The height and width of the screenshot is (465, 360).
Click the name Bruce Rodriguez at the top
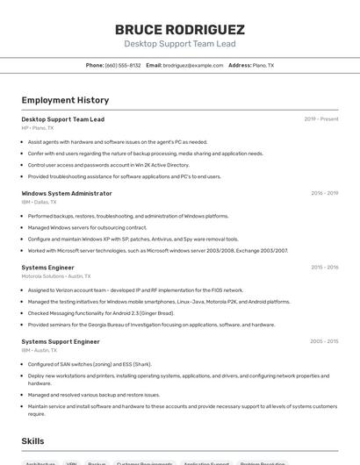tap(179, 29)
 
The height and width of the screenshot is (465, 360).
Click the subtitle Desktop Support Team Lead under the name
tap(179, 44)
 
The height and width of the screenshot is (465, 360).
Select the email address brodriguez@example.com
tap(193, 65)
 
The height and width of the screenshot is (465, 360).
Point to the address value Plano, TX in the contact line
tap(263, 65)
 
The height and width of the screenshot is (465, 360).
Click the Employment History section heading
tap(65, 100)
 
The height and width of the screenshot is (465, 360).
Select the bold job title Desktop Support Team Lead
tap(62, 119)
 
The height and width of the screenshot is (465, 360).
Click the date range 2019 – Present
tap(320, 119)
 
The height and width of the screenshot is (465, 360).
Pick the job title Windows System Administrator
tap(67, 193)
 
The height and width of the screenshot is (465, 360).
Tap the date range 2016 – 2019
tap(324, 193)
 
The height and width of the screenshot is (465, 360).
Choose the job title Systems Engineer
tap(47, 267)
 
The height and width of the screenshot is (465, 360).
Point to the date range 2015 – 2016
tap(324, 267)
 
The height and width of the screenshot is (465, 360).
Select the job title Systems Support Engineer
tap(61, 341)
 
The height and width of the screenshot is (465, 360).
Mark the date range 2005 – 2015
tap(324, 341)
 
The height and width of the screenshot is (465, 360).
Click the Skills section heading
tap(33, 441)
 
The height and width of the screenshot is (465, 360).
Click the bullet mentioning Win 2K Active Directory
tap(108, 165)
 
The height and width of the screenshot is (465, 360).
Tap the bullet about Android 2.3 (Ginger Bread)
tap(101, 313)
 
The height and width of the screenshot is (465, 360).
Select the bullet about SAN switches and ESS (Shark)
tap(90, 364)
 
